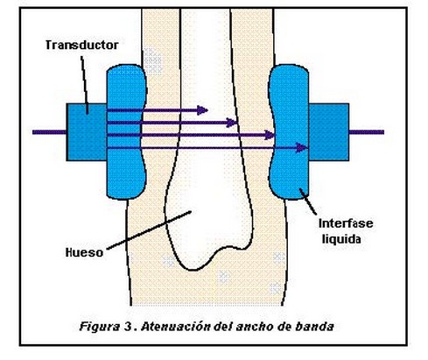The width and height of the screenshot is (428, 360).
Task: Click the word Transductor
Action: (x=82, y=45)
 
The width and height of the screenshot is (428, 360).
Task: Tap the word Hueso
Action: (x=84, y=252)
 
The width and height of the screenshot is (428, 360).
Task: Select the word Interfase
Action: (x=346, y=223)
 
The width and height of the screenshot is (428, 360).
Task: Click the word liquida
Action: (x=341, y=239)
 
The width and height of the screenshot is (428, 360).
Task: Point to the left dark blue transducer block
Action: (x=87, y=132)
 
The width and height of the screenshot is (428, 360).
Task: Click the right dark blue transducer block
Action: (x=329, y=132)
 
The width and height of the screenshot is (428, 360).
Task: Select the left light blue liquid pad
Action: (x=126, y=132)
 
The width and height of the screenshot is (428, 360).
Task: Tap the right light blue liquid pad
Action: (x=289, y=132)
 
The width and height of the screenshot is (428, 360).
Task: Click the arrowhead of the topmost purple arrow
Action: (x=202, y=110)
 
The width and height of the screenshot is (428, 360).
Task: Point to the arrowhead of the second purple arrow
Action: (x=231, y=123)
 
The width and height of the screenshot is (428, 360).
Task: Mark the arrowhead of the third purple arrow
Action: (x=270, y=135)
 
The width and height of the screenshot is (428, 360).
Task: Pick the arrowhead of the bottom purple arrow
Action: (x=301, y=148)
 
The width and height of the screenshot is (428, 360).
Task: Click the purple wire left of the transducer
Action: (x=49, y=132)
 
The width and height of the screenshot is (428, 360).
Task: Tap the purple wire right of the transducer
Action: (x=367, y=132)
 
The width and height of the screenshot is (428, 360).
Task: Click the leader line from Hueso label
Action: (x=149, y=230)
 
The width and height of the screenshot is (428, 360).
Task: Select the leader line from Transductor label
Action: (x=85, y=85)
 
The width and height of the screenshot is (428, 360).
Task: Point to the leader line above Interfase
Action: (x=308, y=202)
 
